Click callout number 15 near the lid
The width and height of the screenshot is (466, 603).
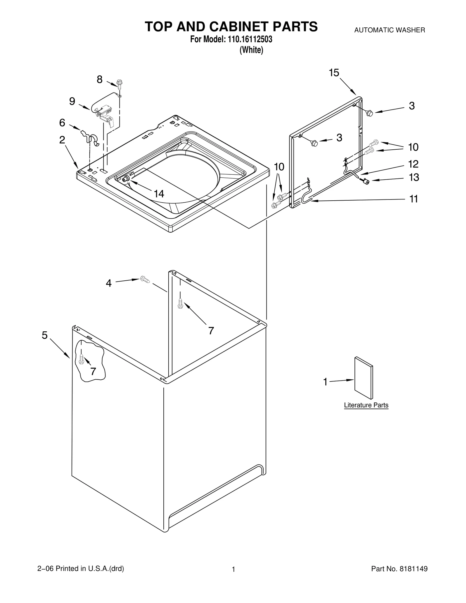pos(334,72)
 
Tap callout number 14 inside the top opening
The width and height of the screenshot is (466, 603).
pos(159,194)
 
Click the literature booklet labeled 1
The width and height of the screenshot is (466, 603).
pos(363,378)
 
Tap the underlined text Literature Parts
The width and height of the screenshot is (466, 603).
pos(366,405)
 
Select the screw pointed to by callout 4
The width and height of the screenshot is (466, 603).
pos(145,279)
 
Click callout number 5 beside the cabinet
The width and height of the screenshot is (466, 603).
pos(45,335)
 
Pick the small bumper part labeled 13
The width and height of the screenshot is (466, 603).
pos(366,182)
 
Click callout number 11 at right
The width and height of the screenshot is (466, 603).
pos(413,199)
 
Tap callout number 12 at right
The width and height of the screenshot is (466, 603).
pos(413,164)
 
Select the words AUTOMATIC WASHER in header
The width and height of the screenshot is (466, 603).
pos(389,30)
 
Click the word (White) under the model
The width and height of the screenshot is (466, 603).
pos(251,50)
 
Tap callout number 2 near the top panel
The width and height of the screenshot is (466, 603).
pos(62,140)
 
